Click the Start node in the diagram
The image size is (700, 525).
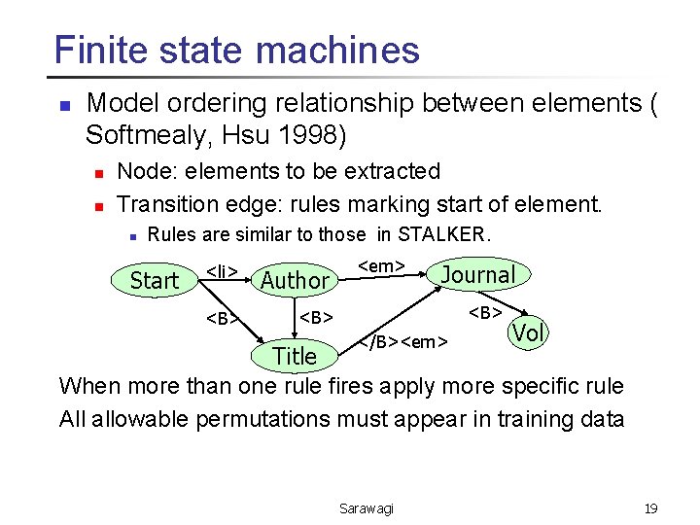pos(155,281)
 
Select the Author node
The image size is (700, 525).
pos(295,281)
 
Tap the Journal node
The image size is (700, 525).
pos(477,275)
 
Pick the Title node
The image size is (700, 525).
pos(295,356)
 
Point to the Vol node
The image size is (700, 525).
pos(528,332)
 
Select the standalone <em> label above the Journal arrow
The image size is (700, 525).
pos(381,264)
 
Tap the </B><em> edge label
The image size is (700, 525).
pos(403,340)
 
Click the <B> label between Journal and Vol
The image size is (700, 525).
pos(485,312)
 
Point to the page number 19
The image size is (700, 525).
pos(650,507)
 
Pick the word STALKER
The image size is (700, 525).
pos(442,234)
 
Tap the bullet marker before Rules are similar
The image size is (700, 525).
pos(131,235)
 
